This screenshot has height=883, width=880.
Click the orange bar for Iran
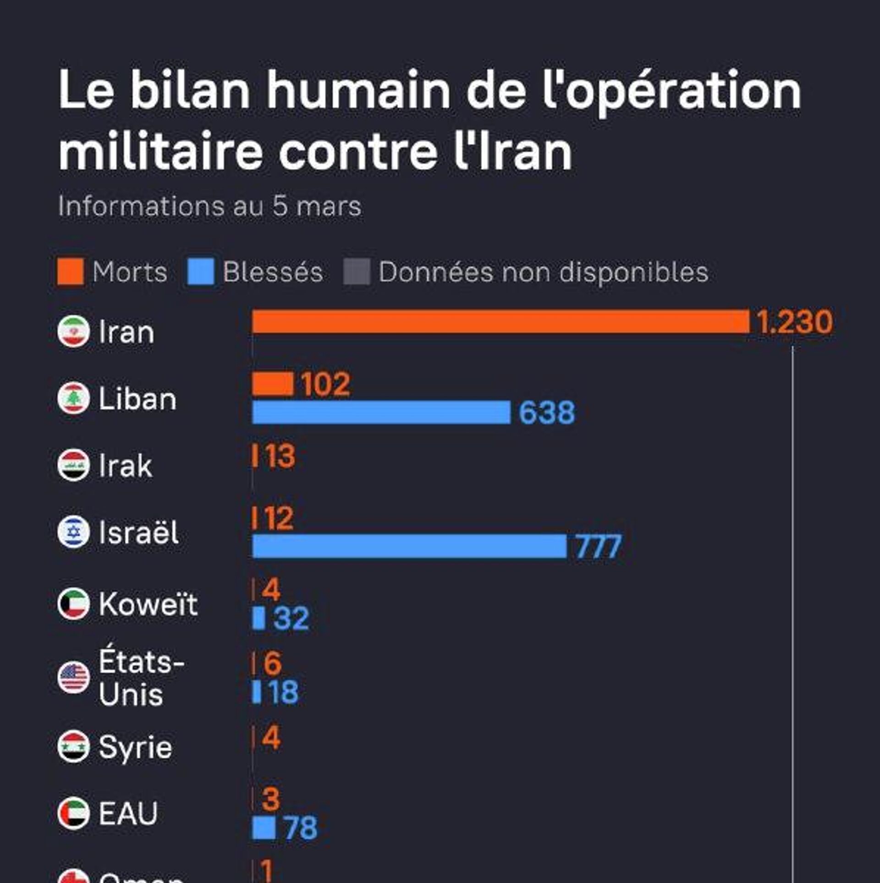tap(500, 321)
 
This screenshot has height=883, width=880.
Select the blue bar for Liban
tap(381, 412)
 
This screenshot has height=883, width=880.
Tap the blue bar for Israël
tap(409, 546)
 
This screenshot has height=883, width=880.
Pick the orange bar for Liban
tap(273, 384)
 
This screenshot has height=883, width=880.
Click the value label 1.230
tap(794, 322)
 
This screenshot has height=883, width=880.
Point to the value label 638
tap(546, 413)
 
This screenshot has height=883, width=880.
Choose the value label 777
tap(598, 546)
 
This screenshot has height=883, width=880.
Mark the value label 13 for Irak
tap(280, 456)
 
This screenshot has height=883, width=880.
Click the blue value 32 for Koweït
tap(291, 618)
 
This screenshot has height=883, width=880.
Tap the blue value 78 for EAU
tap(300, 828)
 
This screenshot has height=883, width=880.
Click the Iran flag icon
tap(73, 331)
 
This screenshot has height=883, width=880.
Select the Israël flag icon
tap(73, 532)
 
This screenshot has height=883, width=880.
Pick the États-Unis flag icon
tap(73, 678)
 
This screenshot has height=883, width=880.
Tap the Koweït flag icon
tap(73, 604)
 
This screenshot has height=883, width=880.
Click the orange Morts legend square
tap(71, 271)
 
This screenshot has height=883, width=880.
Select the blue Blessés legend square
tap(201, 271)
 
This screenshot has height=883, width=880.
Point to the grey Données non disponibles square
tap(357, 271)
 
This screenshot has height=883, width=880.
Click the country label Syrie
tap(135, 747)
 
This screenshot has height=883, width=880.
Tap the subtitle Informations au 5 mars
tap(209, 206)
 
